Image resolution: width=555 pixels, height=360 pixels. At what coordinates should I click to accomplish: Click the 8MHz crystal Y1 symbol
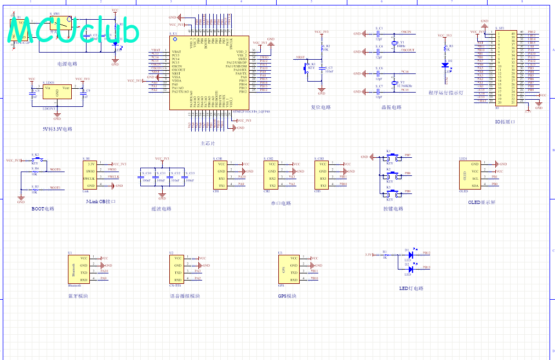[x=394, y=43]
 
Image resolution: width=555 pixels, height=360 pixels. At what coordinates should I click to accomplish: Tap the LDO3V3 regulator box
[x=57, y=93]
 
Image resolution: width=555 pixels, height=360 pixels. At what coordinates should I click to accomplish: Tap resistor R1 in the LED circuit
[x=385, y=255]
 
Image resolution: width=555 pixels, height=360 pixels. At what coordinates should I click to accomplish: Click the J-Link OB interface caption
[x=101, y=202]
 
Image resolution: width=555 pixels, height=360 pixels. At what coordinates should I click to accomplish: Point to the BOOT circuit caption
[x=43, y=209]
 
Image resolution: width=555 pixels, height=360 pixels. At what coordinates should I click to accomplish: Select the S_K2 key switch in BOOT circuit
[x=36, y=159]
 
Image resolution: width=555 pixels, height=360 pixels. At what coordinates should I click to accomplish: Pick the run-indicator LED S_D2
[x=445, y=65]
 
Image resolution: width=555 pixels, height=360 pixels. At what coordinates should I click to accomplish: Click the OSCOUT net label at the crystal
[x=408, y=50]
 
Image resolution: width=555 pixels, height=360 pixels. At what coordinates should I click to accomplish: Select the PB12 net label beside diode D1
[x=426, y=253]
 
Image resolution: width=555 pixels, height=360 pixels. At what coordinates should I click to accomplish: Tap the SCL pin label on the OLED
[x=475, y=179]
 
